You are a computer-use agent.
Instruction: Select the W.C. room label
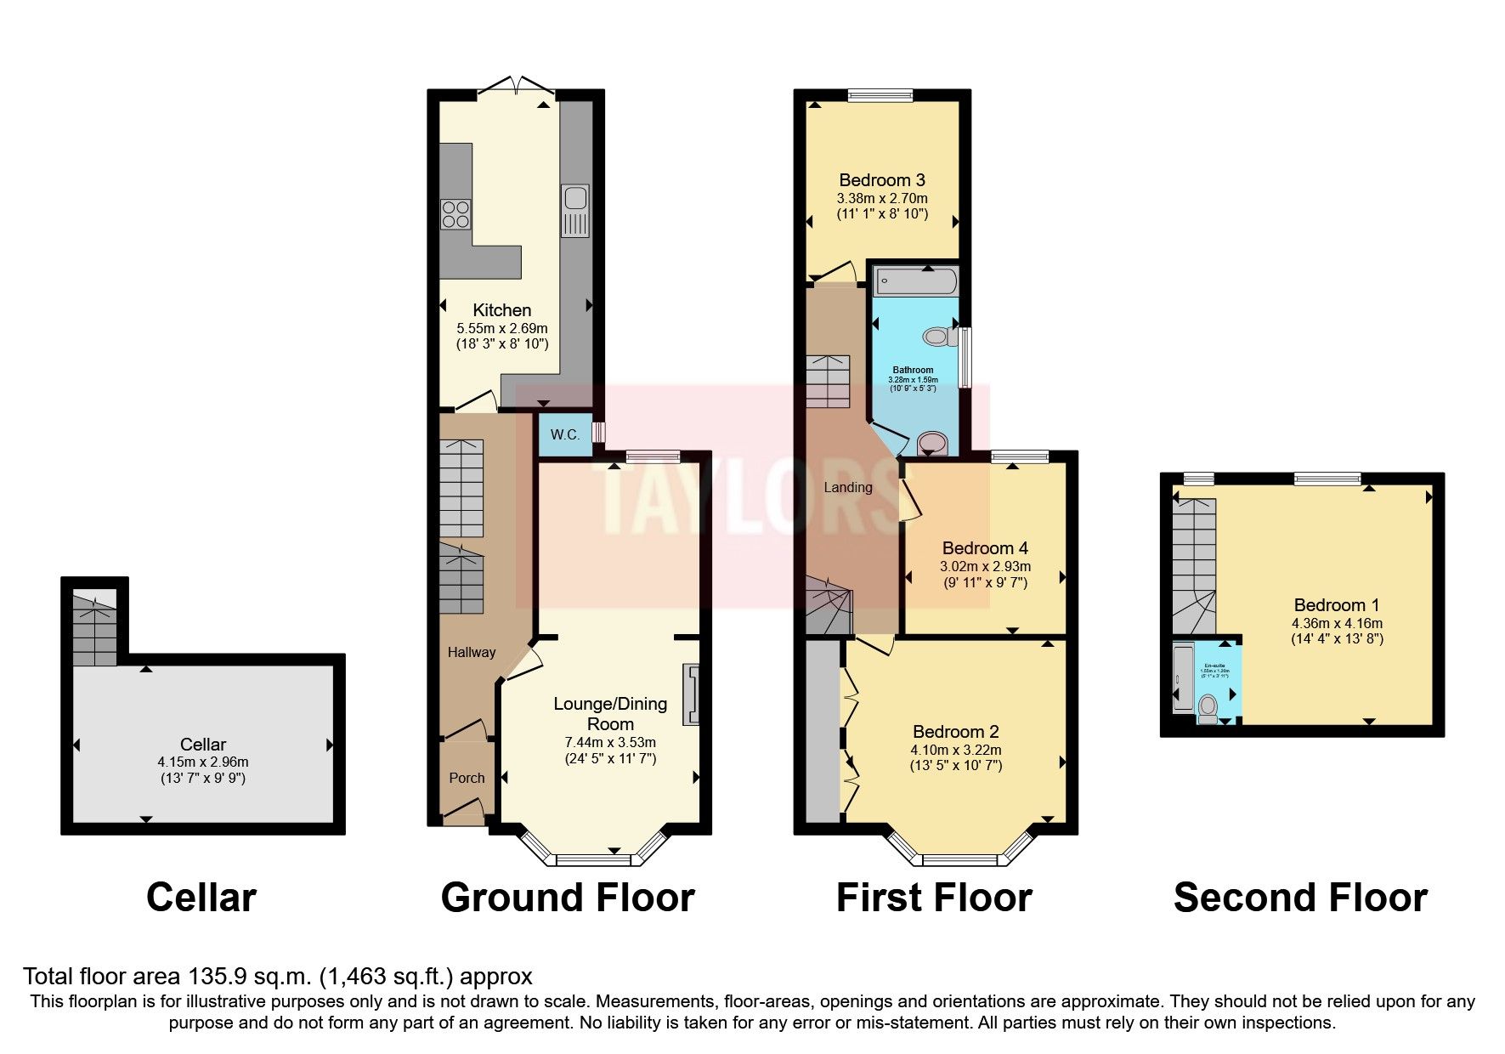[565, 434]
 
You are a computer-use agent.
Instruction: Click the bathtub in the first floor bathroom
[915, 280]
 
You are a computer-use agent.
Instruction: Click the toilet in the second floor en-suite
[1208, 706]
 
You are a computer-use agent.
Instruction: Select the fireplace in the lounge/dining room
[692, 694]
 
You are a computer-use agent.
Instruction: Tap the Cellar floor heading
[201, 898]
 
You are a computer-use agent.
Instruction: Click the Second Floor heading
[1299, 898]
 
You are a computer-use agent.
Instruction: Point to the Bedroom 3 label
[881, 180]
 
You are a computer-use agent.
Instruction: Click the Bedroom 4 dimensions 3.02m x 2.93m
[985, 566]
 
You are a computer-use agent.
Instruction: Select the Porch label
[467, 778]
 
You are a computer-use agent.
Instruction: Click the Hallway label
[471, 652]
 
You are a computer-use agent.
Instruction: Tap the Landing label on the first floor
[847, 487]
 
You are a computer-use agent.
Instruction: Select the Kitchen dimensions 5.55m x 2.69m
[501, 328]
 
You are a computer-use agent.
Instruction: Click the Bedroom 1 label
[1336, 605]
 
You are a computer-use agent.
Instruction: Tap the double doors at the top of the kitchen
[516, 87]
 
